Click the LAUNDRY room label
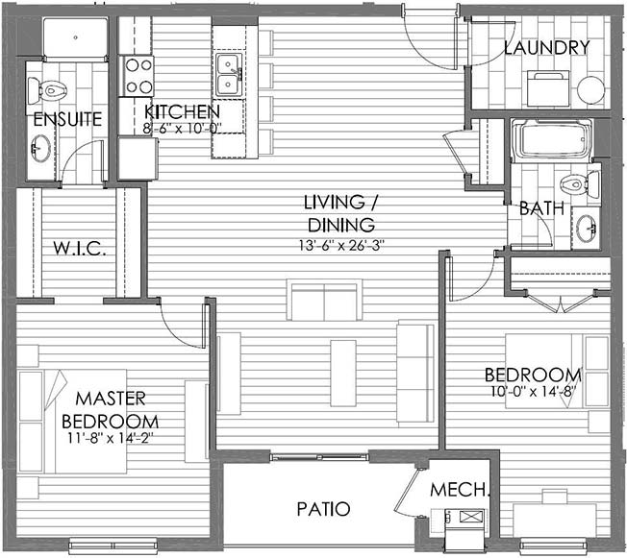pyautogui.click(x=546, y=48)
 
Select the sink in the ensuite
pyautogui.click(x=40, y=148)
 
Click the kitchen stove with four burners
pyautogui.click(x=138, y=76)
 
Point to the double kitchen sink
pyautogui.click(x=229, y=75)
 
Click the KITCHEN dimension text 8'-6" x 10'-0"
pyautogui.click(x=183, y=129)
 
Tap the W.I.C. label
pyautogui.click(x=80, y=249)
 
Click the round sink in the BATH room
pyautogui.click(x=587, y=228)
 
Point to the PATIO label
pyautogui.click(x=323, y=509)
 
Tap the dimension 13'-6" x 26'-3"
pyautogui.click(x=341, y=245)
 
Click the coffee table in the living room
pyautogui.click(x=343, y=373)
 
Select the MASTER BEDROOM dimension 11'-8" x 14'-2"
pyautogui.click(x=112, y=438)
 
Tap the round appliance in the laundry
pyautogui.click(x=590, y=90)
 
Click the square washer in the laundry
pyautogui.click(x=548, y=88)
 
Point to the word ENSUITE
pyautogui.click(x=67, y=119)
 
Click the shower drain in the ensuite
pyautogui.click(x=76, y=37)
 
